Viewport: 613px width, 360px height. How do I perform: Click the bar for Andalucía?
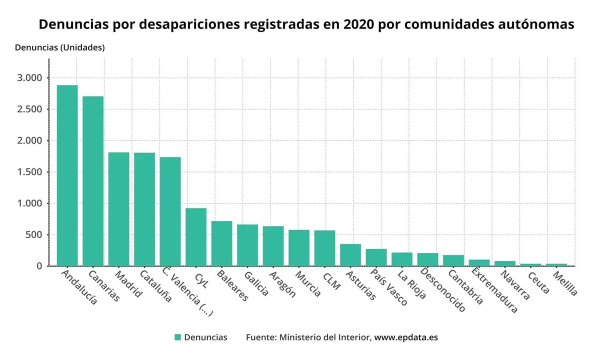coord(67,175)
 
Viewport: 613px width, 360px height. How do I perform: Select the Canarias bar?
coord(93,181)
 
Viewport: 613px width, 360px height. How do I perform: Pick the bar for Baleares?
coord(221,243)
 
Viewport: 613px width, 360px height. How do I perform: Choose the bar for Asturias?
coord(350,255)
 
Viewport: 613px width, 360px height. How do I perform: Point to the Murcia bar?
coord(299,248)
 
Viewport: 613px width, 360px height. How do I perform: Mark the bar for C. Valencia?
coord(170,211)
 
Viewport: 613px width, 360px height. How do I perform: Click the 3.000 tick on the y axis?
coord(30,78)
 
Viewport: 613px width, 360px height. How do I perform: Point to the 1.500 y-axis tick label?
coord(30,172)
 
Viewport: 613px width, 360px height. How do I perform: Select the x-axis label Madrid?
coord(128,284)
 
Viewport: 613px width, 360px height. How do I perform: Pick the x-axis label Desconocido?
coord(443,290)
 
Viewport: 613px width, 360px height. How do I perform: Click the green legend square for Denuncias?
coord(177,337)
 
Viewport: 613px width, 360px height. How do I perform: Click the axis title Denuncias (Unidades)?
coord(59,48)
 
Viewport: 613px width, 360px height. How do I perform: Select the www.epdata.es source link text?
coord(406,337)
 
